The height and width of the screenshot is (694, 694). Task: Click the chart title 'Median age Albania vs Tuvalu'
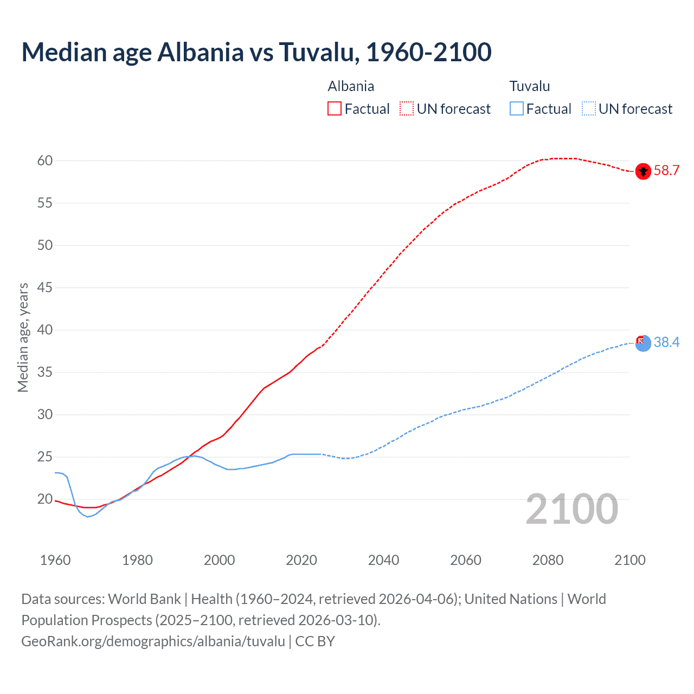(x=256, y=52)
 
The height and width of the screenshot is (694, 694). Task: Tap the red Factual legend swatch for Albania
(x=335, y=108)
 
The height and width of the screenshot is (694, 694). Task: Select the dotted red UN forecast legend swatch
(x=407, y=108)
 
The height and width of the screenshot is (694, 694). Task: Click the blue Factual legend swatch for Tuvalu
(x=517, y=108)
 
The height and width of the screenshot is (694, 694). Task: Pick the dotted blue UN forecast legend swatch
(x=589, y=108)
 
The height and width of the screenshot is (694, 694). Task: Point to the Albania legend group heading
(x=351, y=86)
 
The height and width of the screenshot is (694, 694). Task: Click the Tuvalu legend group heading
(x=530, y=86)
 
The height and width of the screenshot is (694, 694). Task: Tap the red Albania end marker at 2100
(x=643, y=171)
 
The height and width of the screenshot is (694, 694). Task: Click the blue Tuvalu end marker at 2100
(x=643, y=343)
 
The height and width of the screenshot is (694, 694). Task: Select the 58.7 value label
(x=666, y=171)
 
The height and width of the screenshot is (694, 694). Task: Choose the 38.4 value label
(x=666, y=342)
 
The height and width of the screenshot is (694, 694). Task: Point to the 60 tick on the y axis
(x=45, y=160)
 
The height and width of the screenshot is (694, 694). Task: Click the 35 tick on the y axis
(x=45, y=372)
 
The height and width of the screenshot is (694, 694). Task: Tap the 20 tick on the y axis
(x=45, y=499)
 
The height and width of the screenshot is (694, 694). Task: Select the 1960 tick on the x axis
(x=55, y=560)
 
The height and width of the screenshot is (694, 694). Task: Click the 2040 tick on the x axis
(x=383, y=560)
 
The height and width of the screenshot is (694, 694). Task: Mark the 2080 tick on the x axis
(x=548, y=560)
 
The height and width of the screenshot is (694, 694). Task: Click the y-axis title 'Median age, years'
(x=23, y=337)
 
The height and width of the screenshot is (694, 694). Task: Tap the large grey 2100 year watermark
(x=571, y=509)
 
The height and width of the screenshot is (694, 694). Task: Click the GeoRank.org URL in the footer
(x=153, y=641)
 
